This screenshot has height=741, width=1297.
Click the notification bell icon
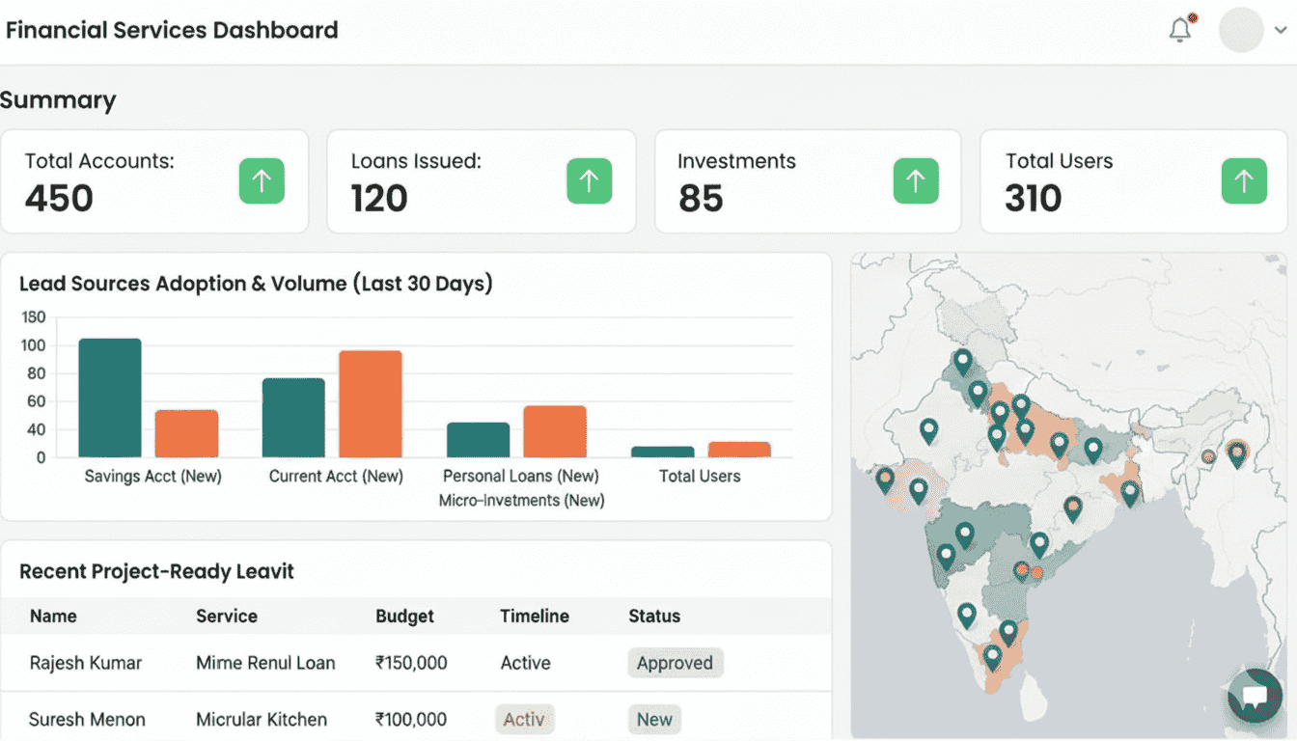pyautogui.click(x=1179, y=30)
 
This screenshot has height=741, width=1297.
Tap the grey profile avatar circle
pyautogui.click(x=1241, y=30)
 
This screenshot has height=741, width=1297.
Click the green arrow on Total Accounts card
pyautogui.click(x=262, y=180)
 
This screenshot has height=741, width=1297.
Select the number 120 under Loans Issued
pyautogui.click(x=379, y=199)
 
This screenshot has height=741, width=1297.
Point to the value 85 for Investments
pyautogui.click(x=701, y=199)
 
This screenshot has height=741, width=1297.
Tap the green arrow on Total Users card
pyautogui.click(x=1244, y=180)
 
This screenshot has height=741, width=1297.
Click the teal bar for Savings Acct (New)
pyautogui.click(x=110, y=398)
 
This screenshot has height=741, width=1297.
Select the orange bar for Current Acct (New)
pyautogui.click(x=370, y=403)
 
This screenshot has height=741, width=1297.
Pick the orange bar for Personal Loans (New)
pyautogui.click(x=555, y=431)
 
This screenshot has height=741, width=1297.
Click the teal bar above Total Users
pyautogui.click(x=662, y=452)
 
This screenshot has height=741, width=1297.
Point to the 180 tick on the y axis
pyautogui.click(x=34, y=317)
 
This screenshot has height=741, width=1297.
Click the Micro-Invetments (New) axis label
pyautogui.click(x=521, y=501)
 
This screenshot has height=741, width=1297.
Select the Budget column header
pyautogui.click(x=404, y=616)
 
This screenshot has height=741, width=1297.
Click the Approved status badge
pyautogui.click(x=675, y=663)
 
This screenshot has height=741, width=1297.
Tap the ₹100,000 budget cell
pyautogui.click(x=411, y=719)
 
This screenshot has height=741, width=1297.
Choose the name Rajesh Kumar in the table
pyautogui.click(x=85, y=663)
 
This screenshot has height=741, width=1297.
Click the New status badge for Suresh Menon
pyautogui.click(x=654, y=719)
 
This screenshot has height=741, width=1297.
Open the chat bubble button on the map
pyautogui.click(x=1254, y=696)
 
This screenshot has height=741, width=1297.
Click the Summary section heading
pyautogui.click(x=58, y=100)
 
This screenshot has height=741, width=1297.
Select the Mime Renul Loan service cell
pyautogui.click(x=265, y=663)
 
